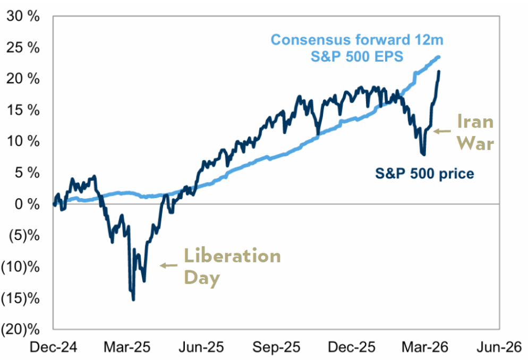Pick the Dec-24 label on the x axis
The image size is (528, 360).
coord(54,348)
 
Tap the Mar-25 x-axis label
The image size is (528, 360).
coord(127,348)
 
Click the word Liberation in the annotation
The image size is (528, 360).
coord(232,256)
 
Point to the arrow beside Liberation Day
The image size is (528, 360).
coord(168,265)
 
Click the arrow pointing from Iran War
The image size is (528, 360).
coord(442,131)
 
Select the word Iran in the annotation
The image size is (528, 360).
coord(476,122)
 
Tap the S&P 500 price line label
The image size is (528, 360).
coord(424,173)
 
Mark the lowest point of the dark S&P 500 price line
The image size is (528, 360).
coord(133,299)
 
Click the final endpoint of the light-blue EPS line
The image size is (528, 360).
coord(439,57)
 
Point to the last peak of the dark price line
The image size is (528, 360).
coord(439,71)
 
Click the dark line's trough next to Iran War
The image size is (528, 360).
coord(423,155)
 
